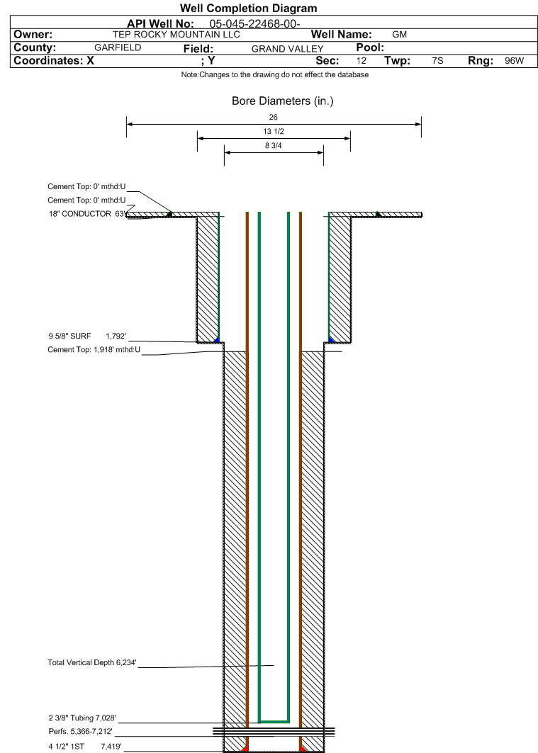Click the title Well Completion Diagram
248,9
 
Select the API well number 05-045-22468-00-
255,23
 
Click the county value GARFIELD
118,47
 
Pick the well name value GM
399,34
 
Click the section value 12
362,61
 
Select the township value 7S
437,61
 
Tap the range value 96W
514,61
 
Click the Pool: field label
369,47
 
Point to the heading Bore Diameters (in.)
282,101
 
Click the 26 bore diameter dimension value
274,118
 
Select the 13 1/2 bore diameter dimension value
274,132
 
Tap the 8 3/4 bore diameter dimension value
274,146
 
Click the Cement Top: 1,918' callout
94,350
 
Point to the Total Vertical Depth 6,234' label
91,663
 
